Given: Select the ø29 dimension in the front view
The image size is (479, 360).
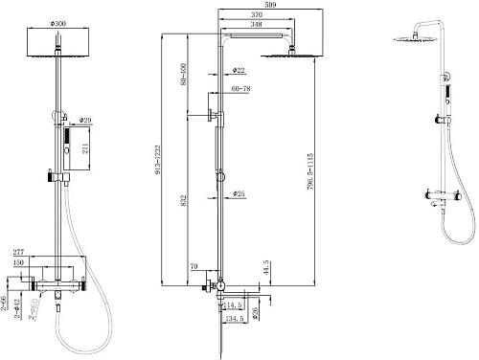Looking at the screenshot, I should (84, 120).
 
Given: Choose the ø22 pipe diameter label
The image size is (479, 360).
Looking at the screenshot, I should (239, 70).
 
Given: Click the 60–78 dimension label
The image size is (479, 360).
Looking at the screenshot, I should (240, 88).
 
